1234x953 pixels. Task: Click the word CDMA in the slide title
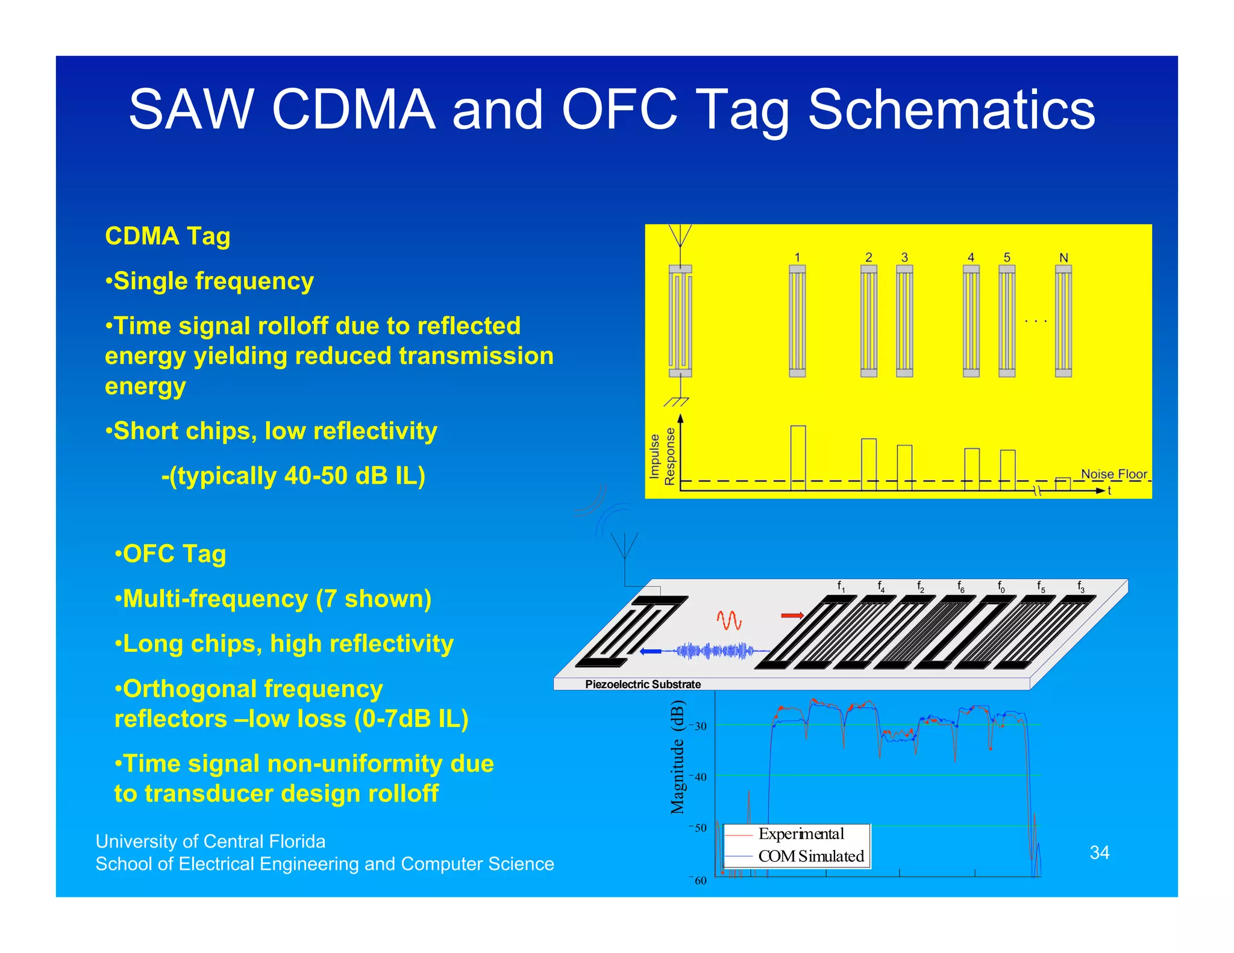click(354, 110)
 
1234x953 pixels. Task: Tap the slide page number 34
click(1099, 852)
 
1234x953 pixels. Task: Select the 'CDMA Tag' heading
click(168, 236)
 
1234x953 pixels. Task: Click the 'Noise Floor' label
click(1113, 473)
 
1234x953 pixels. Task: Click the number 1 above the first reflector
click(797, 257)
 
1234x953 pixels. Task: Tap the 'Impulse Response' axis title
click(662, 456)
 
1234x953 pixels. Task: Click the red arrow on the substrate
click(792, 615)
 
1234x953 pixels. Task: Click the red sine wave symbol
click(728, 620)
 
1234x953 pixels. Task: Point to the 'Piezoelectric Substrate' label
click(642, 684)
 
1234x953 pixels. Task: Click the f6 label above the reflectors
click(960, 586)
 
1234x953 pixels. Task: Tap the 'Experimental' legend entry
click(801, 834)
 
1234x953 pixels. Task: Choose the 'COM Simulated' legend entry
click(810, 856)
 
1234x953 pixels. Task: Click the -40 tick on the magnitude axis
click(699, 776)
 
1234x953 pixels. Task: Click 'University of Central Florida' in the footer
click(210, 841)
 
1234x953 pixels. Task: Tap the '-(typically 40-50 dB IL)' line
click(293, 476)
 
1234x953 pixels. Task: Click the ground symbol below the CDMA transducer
click(676, 401)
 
